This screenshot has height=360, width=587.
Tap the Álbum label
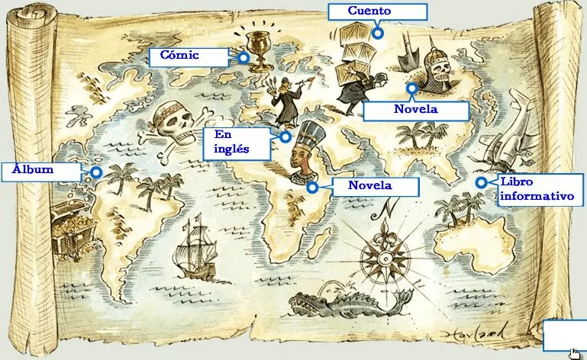tap(40, 171)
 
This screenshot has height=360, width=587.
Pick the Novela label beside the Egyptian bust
tap(375, 186)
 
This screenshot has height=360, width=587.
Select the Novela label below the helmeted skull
tap(415, 111)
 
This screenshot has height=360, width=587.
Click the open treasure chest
tap(73, 233)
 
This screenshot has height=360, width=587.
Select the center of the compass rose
tap(385, 249)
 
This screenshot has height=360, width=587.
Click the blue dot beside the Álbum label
tap(96, 172)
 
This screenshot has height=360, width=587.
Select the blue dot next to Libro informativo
tap(481, 182)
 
